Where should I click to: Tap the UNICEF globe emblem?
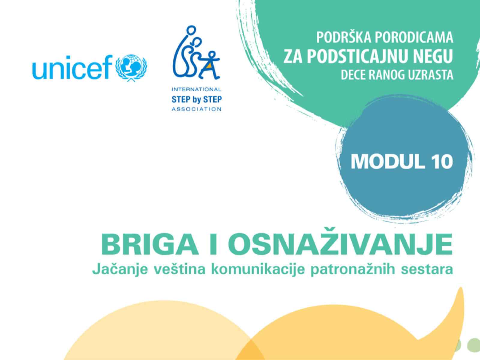tap(131, 68)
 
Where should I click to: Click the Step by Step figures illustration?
tap(196, 53)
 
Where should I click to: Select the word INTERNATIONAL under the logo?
tap(196, 89)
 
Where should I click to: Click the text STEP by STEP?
tap(196, 99)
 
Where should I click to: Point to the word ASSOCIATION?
tap(196, 109)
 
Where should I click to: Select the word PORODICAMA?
tap(414, 38)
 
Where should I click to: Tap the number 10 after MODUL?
tap(442, 162)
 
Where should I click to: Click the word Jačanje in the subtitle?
tap(120, 269)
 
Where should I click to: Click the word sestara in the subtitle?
tap(427, 269)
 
